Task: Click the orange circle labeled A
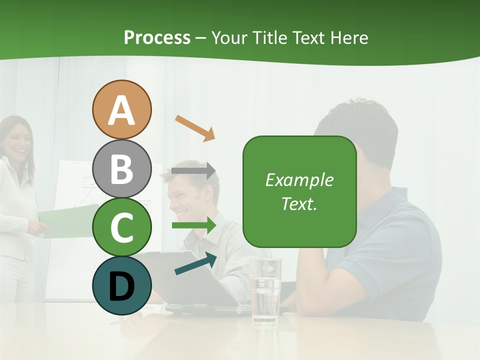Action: [121, 109]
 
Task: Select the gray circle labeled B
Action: [121, 168]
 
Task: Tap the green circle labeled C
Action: [121, 227]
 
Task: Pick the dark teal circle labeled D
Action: [121, 285]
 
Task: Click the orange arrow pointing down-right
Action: [195, 127]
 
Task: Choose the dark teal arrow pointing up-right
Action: [195, 263]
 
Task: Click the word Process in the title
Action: [157, 37]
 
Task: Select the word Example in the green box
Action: [299, 180]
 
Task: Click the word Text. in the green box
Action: [299, 203]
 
